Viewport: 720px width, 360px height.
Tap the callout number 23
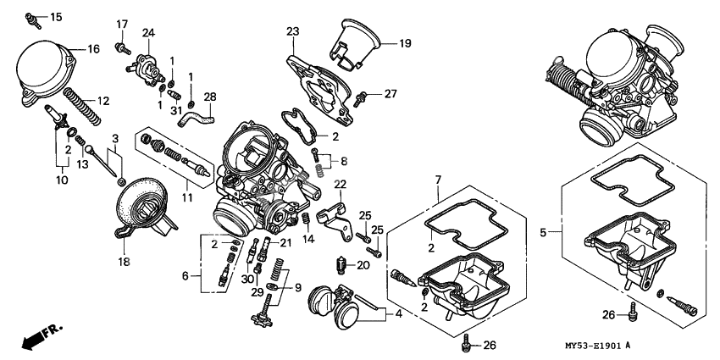coord(293,31)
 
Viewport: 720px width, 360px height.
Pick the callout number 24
coord(148,32)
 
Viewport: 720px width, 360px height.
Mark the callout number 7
coord(438,180)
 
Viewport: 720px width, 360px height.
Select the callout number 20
coord(363,265)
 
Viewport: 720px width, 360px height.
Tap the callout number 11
coord(187,197)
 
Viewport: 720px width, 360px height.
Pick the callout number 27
coord(390,93)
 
